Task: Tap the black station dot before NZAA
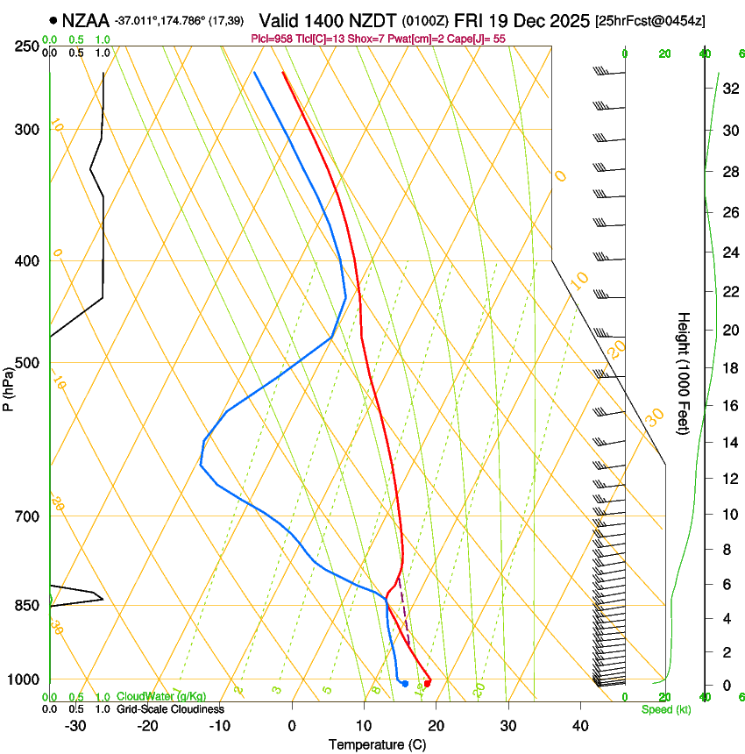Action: tap(54, 19)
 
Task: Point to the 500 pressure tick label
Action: tap(28, 363)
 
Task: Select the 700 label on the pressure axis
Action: tap(28, 516)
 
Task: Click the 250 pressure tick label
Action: tap(28, 46)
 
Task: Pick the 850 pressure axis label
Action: tap(28, 606)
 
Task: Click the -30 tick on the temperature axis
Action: tap(75, 725)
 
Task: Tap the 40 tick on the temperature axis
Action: tap(580, 725)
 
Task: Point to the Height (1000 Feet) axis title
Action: tap(685, 373)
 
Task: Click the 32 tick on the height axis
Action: tap(728, 89)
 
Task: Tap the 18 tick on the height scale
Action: tap(728, 367)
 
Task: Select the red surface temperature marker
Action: tap(427, 683)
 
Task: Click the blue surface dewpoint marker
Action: tap(405, 683)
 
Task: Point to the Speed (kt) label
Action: tap(665, 709)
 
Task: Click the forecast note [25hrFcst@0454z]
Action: tap(650, 20)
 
